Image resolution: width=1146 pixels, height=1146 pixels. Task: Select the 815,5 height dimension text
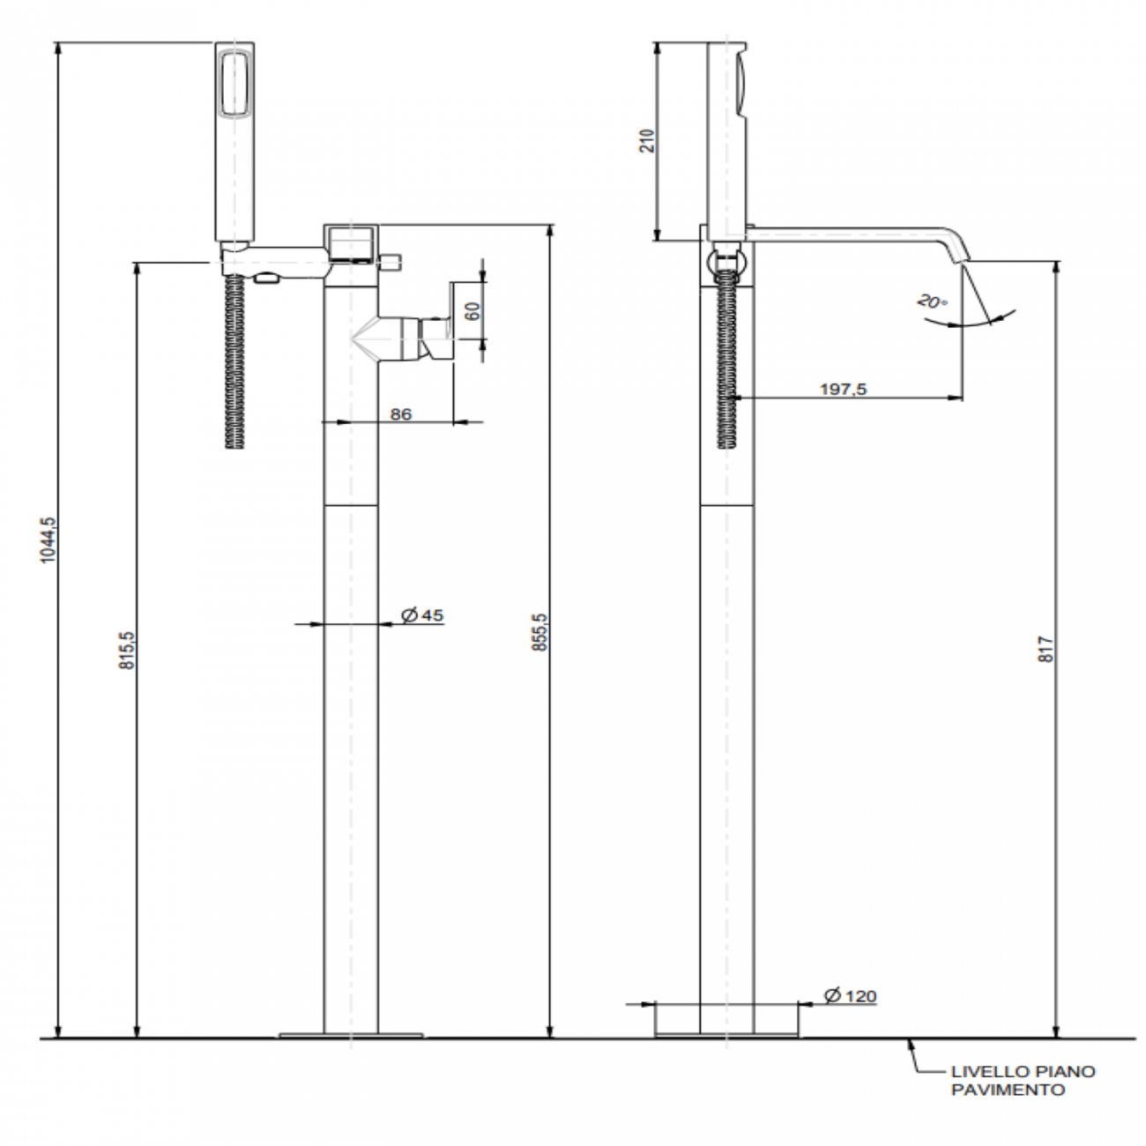click(x=127, y=651)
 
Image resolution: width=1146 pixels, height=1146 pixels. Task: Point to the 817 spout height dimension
click(x=1046, y=650)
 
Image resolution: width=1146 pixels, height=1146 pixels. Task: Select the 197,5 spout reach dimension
click(x=843, y=389)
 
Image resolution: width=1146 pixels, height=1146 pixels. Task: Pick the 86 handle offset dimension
click(x=401, y=413)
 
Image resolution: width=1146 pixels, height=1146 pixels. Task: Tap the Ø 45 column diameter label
click(x=422, y=615)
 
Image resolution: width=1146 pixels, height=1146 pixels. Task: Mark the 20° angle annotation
click(x=932, y=301)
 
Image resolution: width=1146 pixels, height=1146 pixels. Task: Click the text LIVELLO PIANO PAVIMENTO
click(x=1022, y=1080)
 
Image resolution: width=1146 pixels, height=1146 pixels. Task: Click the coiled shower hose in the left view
click(x=234, y=361)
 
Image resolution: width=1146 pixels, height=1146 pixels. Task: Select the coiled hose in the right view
click(x=726, y=361)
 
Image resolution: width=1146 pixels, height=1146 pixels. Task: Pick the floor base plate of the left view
click(x=350, y=1035)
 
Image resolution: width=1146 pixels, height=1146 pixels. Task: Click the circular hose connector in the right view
click(x=726, y=260)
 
